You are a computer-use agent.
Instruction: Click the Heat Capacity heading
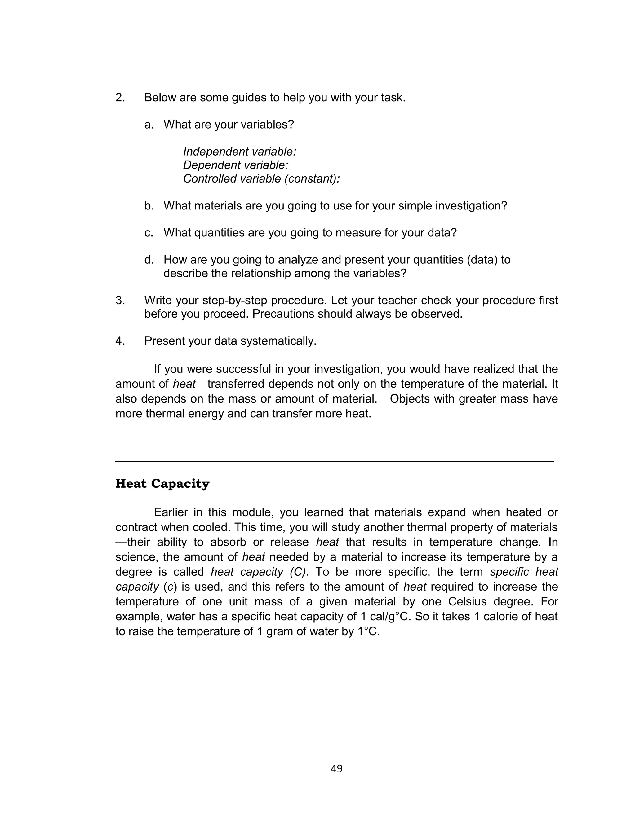coord(162,484)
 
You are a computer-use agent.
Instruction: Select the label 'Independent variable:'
coord(239,152)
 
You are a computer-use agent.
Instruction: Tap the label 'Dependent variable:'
coord(235,165)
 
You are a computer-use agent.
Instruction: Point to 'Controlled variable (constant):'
coord(261,178)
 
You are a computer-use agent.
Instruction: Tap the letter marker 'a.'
coord(149,125)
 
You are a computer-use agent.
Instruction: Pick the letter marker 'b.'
coord(149,206)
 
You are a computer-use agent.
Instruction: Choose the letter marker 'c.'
coord(149,233)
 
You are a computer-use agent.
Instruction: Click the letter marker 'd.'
coord(149,260)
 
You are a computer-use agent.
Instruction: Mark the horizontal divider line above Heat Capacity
coord(334,461)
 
